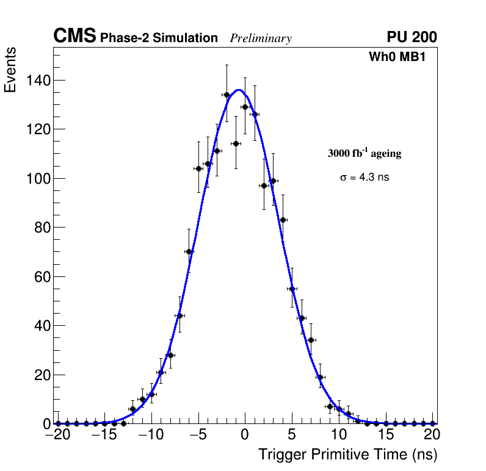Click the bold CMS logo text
tap(74, 37)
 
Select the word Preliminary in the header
tap(261, 38)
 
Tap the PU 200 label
tap(412, 37)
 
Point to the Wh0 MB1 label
tap(397, 57)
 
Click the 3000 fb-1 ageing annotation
tap(364, 153)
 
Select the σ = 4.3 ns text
tap(364, 178)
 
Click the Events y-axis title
tap(10, 70)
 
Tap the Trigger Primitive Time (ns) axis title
tap(348, 455)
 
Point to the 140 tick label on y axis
tap(38, 81)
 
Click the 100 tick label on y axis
tap(38, 179)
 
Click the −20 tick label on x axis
tap(58, 435)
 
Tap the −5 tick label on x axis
tap(198, 435)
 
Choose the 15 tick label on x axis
tap(385, 435)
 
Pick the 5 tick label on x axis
tap(292, 435)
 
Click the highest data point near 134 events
tap(227, 95)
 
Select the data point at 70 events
tap(189, 251)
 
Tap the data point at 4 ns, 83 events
tap(283, 220)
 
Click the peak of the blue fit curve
tap(239, 90)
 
